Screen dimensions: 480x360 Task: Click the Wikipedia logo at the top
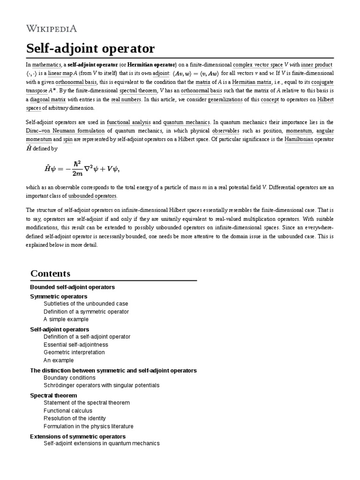click(x=51, y=29)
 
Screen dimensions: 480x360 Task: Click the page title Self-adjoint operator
click(x=90, y=49)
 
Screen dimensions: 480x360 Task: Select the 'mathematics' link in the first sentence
click(x=46, y=64)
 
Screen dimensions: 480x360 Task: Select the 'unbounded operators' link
click(x=92, y=195)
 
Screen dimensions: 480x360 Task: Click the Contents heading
click(x=50, y=273)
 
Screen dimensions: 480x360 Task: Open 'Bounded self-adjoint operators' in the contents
click(x=72, y=287)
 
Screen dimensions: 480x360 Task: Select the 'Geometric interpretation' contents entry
click(x=74, y=352)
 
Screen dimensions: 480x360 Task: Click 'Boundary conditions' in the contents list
click(x=69, y=377)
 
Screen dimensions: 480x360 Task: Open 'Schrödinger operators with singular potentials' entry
click(x=101, y=385)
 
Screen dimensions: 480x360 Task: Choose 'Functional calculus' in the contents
click(x=67, y=411)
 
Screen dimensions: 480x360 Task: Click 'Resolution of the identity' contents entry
click(x=75, y=419)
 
